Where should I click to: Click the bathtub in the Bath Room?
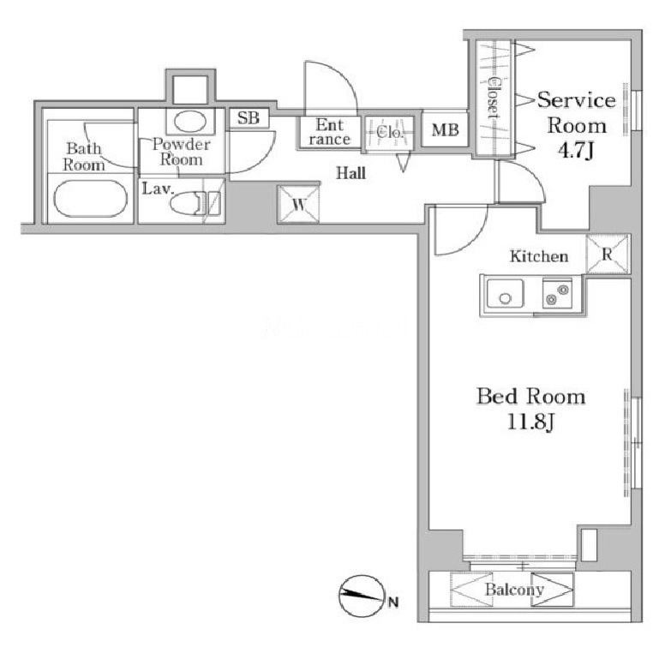[90, 198]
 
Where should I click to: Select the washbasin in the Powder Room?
[190, 121]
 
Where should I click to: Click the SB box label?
[249, 117]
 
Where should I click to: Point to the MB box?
[445, 129]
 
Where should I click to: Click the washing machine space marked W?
[298, 205]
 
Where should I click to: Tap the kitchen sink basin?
[505, 293]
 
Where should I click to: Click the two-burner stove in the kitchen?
[557, 293]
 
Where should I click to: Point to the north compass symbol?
[360, 596]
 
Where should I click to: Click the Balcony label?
[514, 590]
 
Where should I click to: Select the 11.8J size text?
[530, 422]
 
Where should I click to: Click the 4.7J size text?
[577, 150]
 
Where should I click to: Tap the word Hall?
[350, 173]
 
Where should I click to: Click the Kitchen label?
[539, 256]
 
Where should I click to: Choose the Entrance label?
[330, 132]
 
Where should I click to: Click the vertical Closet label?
[494, 98]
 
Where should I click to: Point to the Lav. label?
[158, 189]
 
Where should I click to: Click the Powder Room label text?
[182, 152]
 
